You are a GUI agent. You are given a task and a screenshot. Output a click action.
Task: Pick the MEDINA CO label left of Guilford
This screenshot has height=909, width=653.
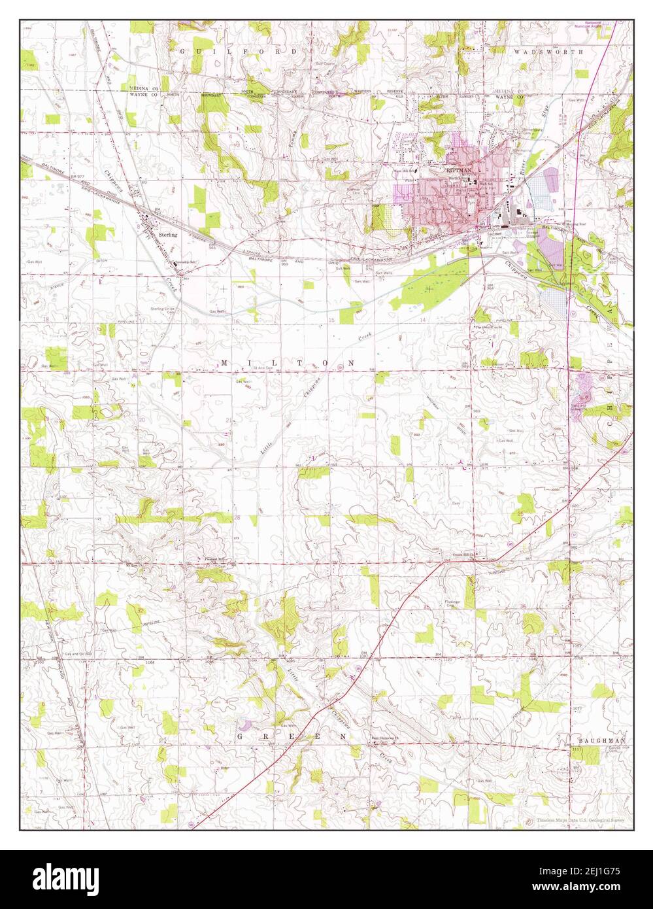[144, 88]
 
